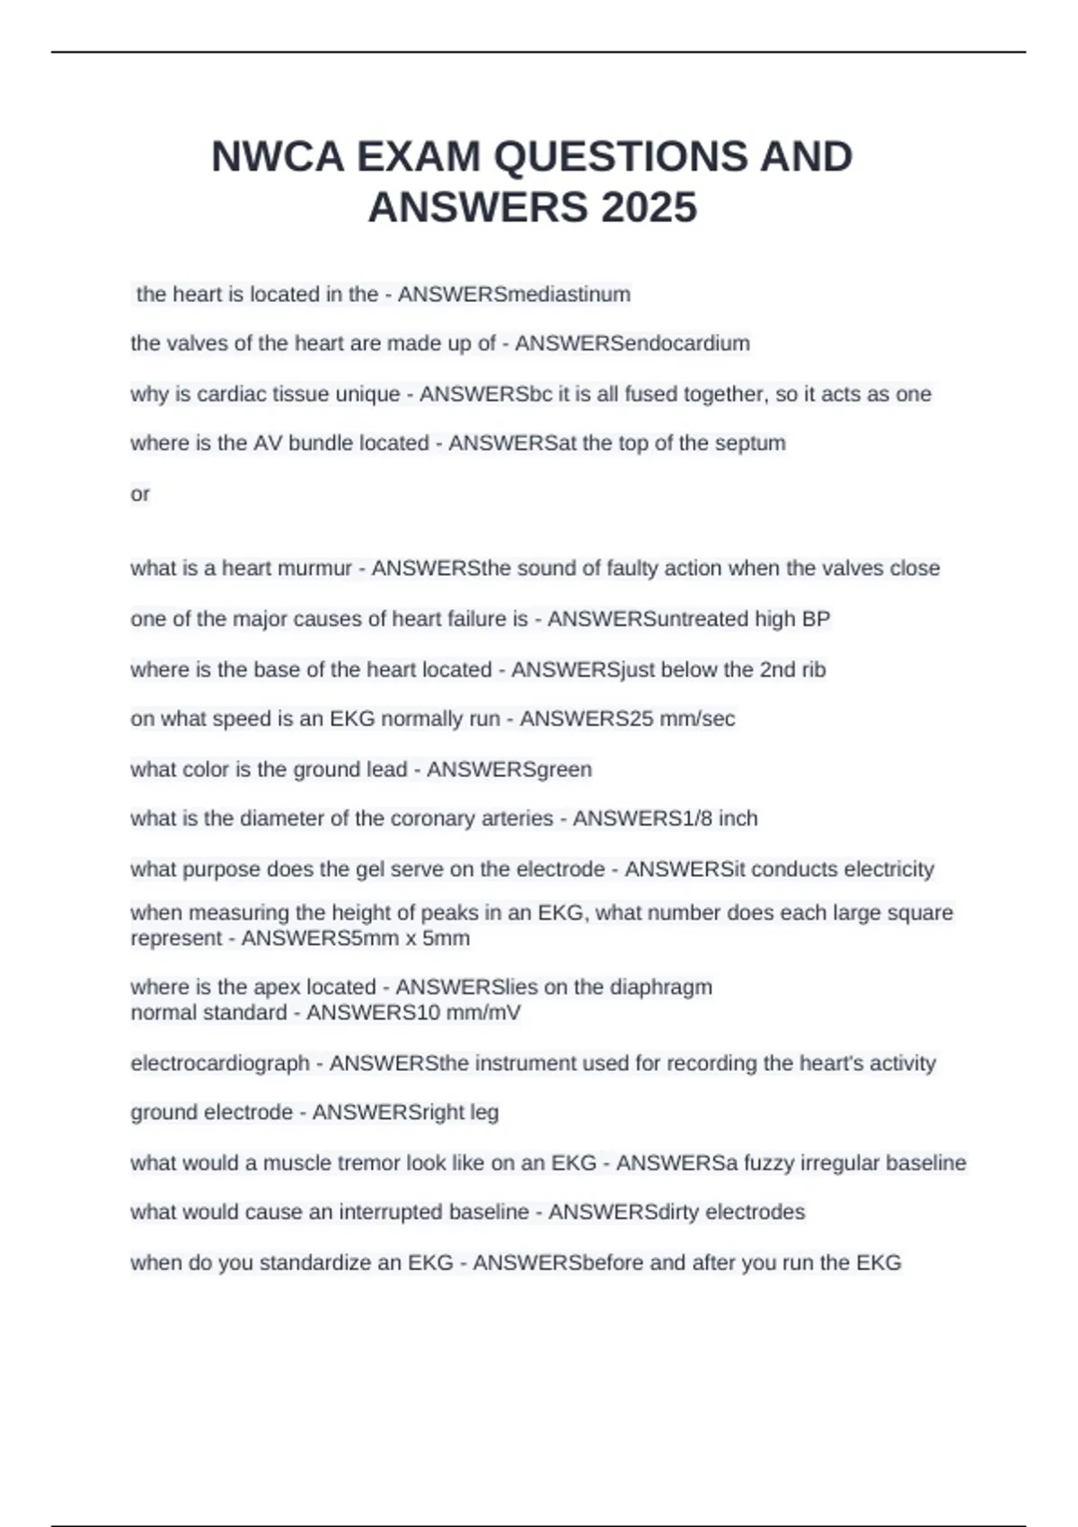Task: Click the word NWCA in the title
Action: [278, 157]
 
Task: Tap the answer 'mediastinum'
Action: [570, 295]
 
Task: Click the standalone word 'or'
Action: [140, 494]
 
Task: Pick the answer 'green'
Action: [563, 770]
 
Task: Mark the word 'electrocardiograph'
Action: [220, 1064]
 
